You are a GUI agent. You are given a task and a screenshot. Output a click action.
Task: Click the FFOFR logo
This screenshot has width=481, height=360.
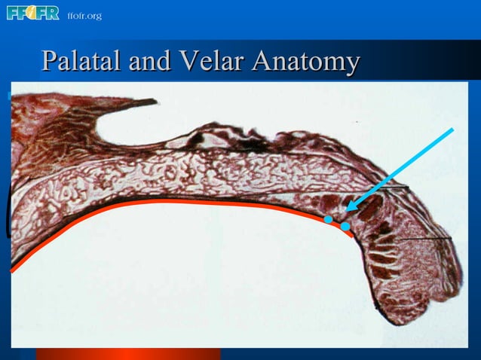tap(32, 13)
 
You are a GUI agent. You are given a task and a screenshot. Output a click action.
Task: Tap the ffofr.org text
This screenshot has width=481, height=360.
tap(84, 16)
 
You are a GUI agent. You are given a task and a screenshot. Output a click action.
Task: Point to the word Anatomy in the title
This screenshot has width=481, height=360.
tap(305, 63)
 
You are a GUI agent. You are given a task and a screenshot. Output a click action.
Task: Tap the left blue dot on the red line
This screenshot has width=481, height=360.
tap(328, 219)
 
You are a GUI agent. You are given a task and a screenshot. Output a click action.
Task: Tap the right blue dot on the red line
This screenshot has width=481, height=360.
tap(345, 225)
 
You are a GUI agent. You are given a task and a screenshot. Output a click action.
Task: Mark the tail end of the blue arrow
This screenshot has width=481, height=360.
tap(452, 130)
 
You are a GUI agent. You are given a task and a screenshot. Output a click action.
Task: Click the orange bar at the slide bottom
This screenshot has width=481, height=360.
tap(128, 353)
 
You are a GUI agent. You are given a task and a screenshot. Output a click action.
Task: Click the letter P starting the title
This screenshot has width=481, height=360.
tap(50, 61)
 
